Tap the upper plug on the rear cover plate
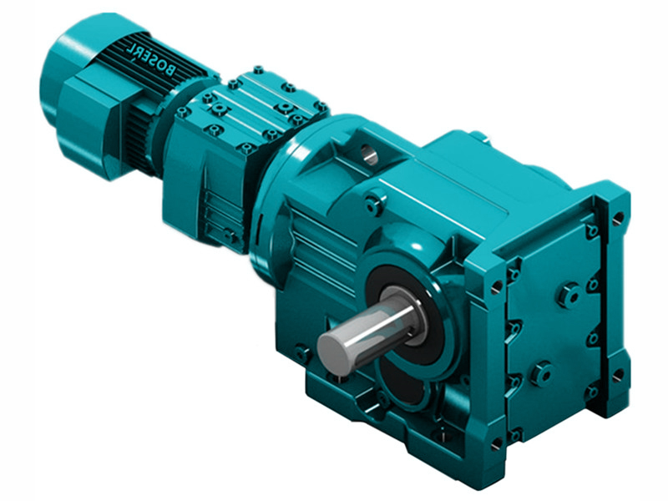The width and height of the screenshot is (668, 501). coord(570,294)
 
